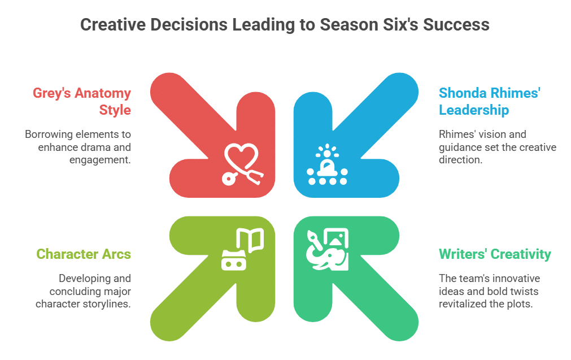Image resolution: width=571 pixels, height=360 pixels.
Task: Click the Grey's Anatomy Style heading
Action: (82, 101)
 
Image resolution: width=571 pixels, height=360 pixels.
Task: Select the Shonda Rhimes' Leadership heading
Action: (490, 101)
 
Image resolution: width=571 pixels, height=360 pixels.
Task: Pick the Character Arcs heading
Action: (84, 254)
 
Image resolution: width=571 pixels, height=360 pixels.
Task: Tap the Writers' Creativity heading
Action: (495, 254)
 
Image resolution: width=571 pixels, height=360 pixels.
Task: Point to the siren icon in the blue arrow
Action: (327, 164)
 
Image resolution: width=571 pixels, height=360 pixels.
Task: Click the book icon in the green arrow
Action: (242, 249)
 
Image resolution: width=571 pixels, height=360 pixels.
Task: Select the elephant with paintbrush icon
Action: (328, 250)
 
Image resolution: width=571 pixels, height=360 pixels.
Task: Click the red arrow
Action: (213, 135)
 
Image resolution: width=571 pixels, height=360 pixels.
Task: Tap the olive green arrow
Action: (213, 279)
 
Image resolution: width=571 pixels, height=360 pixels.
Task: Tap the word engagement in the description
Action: (100, 160)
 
